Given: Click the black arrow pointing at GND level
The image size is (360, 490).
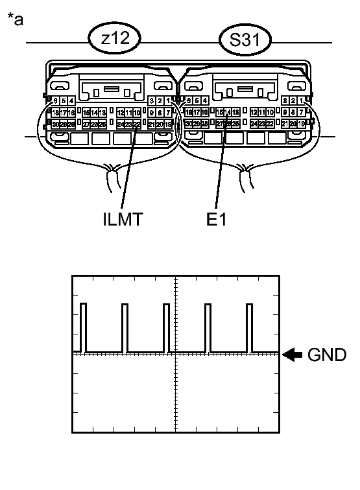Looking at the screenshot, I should coord(294,355).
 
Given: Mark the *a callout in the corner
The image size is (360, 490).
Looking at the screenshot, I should coord(15,19).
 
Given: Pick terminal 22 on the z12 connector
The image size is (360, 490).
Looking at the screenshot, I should coord(137,124).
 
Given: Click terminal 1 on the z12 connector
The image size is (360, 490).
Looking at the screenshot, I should coord(168,100).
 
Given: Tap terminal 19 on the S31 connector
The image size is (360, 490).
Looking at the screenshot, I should coord(302,124).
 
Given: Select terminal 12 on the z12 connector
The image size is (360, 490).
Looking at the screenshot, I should coord(121,112).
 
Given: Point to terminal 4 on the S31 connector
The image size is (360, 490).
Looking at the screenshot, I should coord(205,100).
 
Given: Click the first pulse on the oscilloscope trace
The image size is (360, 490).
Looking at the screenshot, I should coord(83,327).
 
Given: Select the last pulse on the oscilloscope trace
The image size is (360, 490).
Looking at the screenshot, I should coord(248,327).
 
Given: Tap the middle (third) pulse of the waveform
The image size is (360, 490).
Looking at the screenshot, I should coord(166,327).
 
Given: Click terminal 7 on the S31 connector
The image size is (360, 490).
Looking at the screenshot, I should coord(302,112).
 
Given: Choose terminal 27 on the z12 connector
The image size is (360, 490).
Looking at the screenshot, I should coord(86,124).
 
